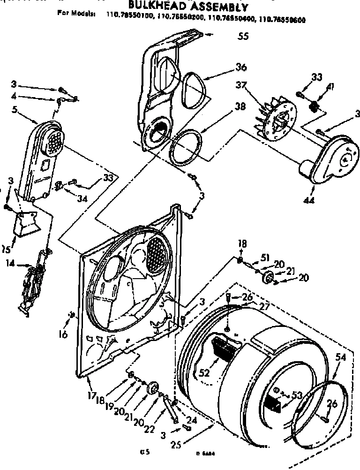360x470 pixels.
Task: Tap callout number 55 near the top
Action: pos(243,37)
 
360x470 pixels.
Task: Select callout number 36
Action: pos(241,68)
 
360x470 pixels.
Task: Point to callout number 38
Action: pos(240,106)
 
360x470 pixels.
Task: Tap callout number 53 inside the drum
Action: pos(296,395)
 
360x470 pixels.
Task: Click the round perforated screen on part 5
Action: pos(53,140)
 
